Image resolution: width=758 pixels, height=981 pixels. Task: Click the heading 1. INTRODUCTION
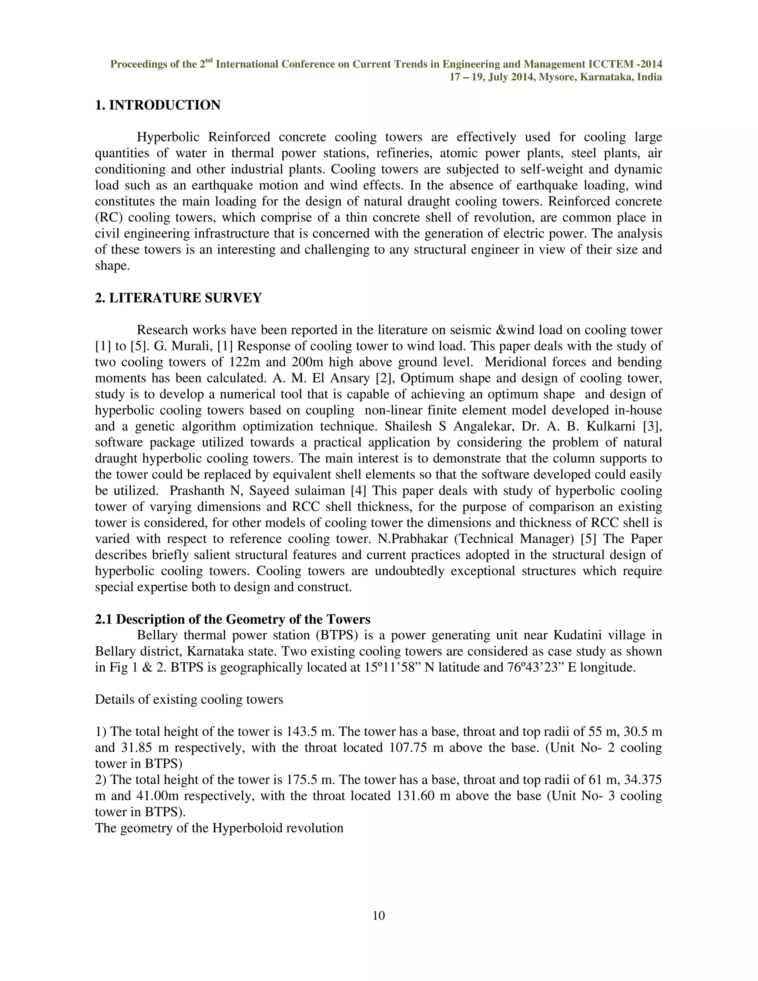pyautogui.click(x=158, y=105)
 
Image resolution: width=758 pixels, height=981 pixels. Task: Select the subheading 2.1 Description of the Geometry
pyautogui.click(x=232, y=619)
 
